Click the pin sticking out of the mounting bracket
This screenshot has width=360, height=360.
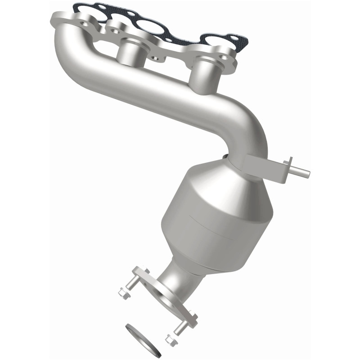299,170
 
